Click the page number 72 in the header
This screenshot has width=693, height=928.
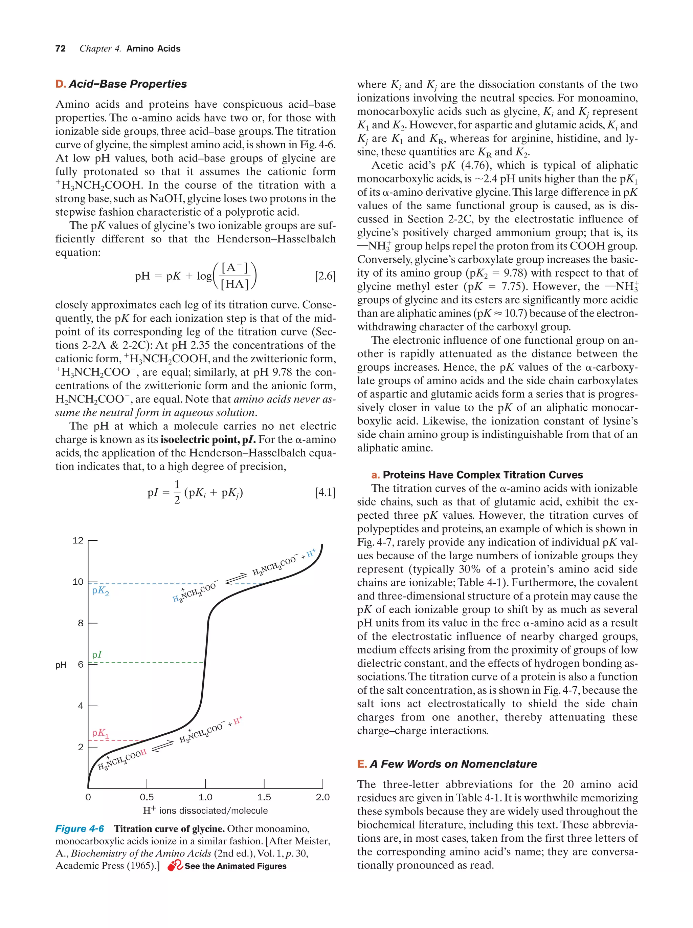(x=60, y=49)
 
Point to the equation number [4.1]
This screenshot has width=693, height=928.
(x=325, y=492)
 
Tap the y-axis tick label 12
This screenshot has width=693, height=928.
(x=78, y=540)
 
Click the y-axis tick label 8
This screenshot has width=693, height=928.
(x=81, y=623)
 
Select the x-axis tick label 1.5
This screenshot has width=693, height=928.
(x=264, y=797)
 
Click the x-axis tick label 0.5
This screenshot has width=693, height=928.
(x=147, y=797)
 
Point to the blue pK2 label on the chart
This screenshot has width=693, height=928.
(x=100, y=591)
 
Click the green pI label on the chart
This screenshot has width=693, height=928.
(x=97, y=654)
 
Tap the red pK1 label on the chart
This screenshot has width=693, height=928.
(x=100, y=733)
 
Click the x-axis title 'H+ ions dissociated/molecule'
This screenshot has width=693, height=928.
(x=205, y=811)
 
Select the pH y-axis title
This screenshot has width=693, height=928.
(x=61, y=665)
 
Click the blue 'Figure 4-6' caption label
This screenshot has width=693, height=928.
(x=80, y=828)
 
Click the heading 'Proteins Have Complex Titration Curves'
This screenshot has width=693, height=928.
(x=482, y=475)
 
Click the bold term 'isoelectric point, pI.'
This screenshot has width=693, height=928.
(x=208, y=440)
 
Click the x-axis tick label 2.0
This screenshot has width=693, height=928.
(x=322, y=797)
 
